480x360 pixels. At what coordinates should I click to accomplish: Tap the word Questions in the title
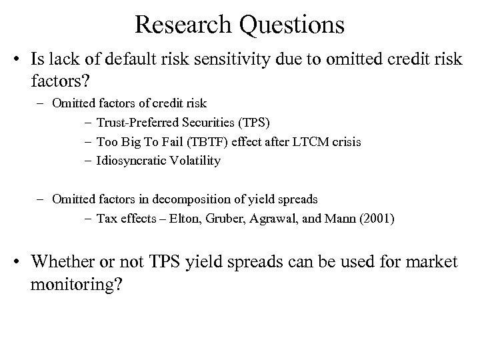coord(291,25)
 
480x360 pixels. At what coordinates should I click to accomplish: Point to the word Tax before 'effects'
coord(106,218)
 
